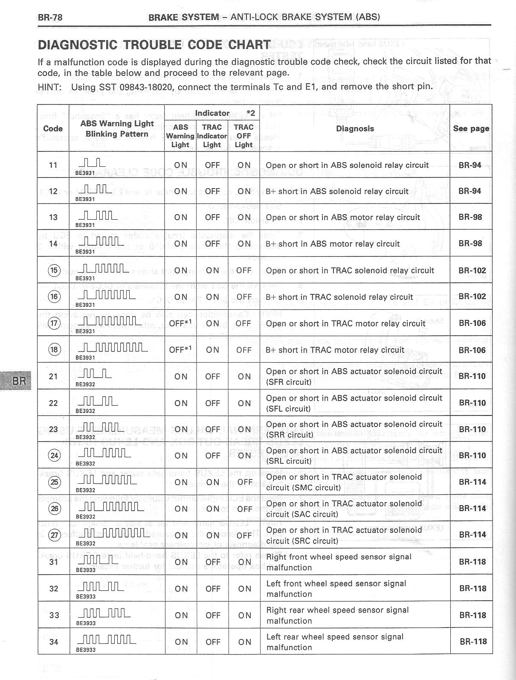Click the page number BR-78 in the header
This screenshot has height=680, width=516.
tap(50, 17)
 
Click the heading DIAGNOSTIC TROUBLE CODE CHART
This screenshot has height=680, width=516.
tap(154, 45)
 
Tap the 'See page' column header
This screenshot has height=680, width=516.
tap(471, 128)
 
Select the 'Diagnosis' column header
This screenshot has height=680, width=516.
tap(355, 128)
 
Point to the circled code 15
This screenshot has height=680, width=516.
tap(55, 270)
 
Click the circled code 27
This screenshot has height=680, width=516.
tap(55, 536)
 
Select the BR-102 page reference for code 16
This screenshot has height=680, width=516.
tap(472, 296)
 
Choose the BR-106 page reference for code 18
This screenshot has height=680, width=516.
tap(472, 350)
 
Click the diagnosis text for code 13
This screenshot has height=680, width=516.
tap(343, 218)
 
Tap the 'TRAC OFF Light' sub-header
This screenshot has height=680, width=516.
tap(244, 136)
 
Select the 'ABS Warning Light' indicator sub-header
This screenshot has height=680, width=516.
tap(180, 136)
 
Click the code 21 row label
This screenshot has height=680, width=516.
tap(53, 376)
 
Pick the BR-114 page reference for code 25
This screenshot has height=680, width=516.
tap(472, 482)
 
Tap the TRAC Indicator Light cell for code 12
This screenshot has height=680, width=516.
tap(212, 191)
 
